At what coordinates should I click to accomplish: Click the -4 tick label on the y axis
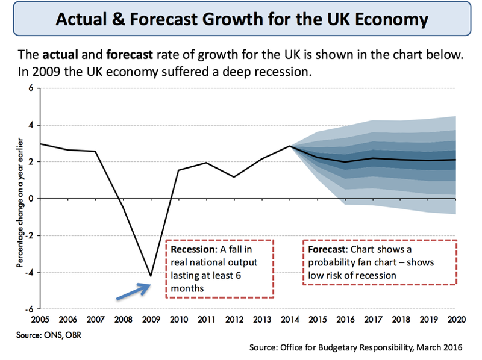click(x=30, y=272)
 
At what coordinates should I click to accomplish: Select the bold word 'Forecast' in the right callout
click(x=327, y=249)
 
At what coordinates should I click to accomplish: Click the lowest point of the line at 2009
click(x=150, y=276)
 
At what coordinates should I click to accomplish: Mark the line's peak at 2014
click(x=290, y=146)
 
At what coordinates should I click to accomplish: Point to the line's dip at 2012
click(x=234, y=177)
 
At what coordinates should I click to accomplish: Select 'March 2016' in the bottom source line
click(x=440, y=347)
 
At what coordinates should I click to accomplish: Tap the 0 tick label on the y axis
click(x=32, y=199)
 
